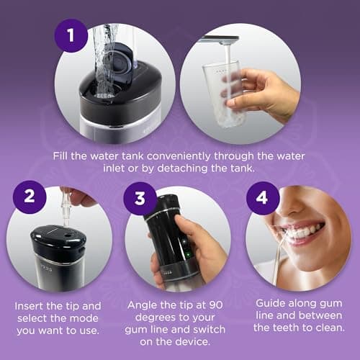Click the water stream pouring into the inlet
click(108, 50)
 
